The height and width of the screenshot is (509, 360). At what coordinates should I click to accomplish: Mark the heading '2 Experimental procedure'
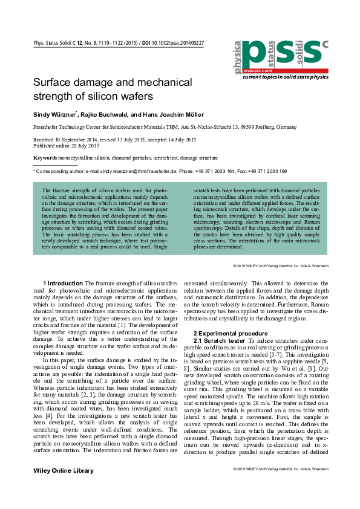pos(231,333)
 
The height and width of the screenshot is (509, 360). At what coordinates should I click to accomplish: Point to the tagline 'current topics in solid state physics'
pos(285,77)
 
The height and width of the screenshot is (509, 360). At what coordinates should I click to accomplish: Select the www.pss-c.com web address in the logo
pos(255,71)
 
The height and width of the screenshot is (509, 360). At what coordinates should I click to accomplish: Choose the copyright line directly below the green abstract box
pos(280,266)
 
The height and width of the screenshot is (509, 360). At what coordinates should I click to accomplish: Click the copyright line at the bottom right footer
pos(280,468)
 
